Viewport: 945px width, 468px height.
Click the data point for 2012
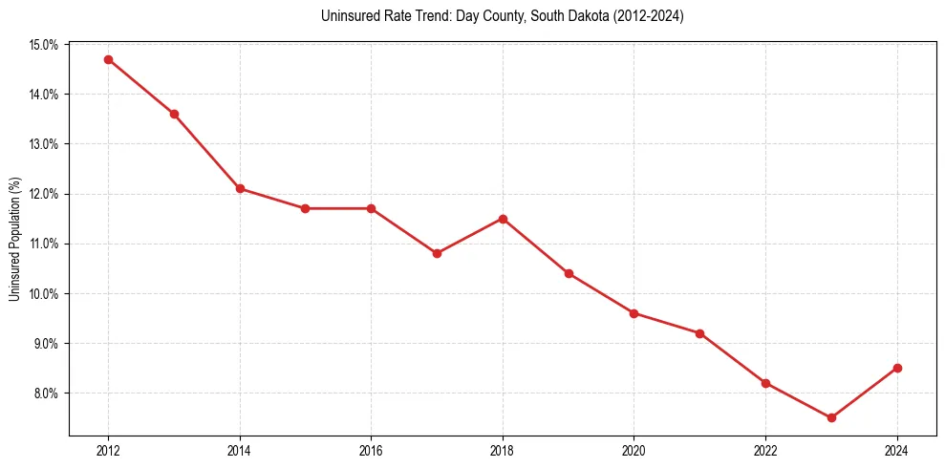point(108,59)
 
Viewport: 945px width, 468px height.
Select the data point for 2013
point(174,114)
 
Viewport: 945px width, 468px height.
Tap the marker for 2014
point(240,188)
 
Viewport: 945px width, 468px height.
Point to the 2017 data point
point(437,253)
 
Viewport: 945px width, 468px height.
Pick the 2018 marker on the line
point(503,219)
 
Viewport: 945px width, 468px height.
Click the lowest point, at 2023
point(831,417)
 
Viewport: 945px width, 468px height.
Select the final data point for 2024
point(897,368)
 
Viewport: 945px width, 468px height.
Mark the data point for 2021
point(699,333)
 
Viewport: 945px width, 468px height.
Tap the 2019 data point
point(569,273)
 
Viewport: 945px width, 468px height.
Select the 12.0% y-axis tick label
point(45,194)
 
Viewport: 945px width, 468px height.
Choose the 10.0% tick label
point(45,293)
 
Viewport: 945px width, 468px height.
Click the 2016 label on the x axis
point(371,451)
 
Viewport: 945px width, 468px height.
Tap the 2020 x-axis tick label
point(634,451)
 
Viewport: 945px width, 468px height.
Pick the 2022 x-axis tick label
point(765,451)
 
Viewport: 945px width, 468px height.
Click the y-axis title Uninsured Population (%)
point(15,239)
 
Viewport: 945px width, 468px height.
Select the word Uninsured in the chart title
point(347,16)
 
